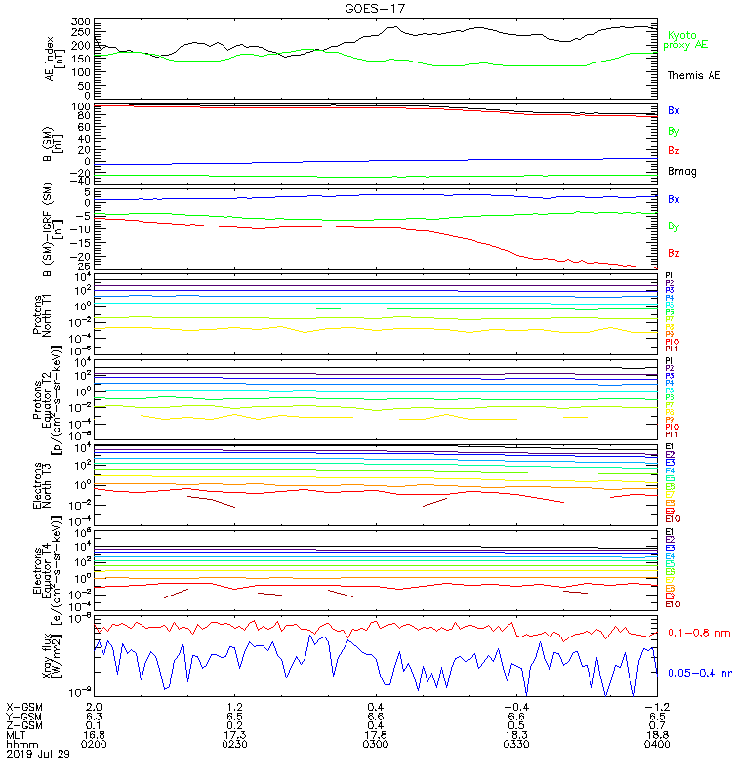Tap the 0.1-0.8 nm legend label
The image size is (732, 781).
coord(699,634)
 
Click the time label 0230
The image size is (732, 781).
coord(234,744)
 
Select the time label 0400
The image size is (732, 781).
coord(655,744)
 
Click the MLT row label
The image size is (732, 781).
coord(17,734)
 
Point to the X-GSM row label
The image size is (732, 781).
coord(23,705)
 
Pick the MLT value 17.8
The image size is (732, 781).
coord(375,734)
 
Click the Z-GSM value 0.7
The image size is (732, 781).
coord(655,724)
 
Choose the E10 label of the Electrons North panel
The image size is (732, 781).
coord(671,518)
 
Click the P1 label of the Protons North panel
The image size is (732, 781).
coord(670,276)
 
